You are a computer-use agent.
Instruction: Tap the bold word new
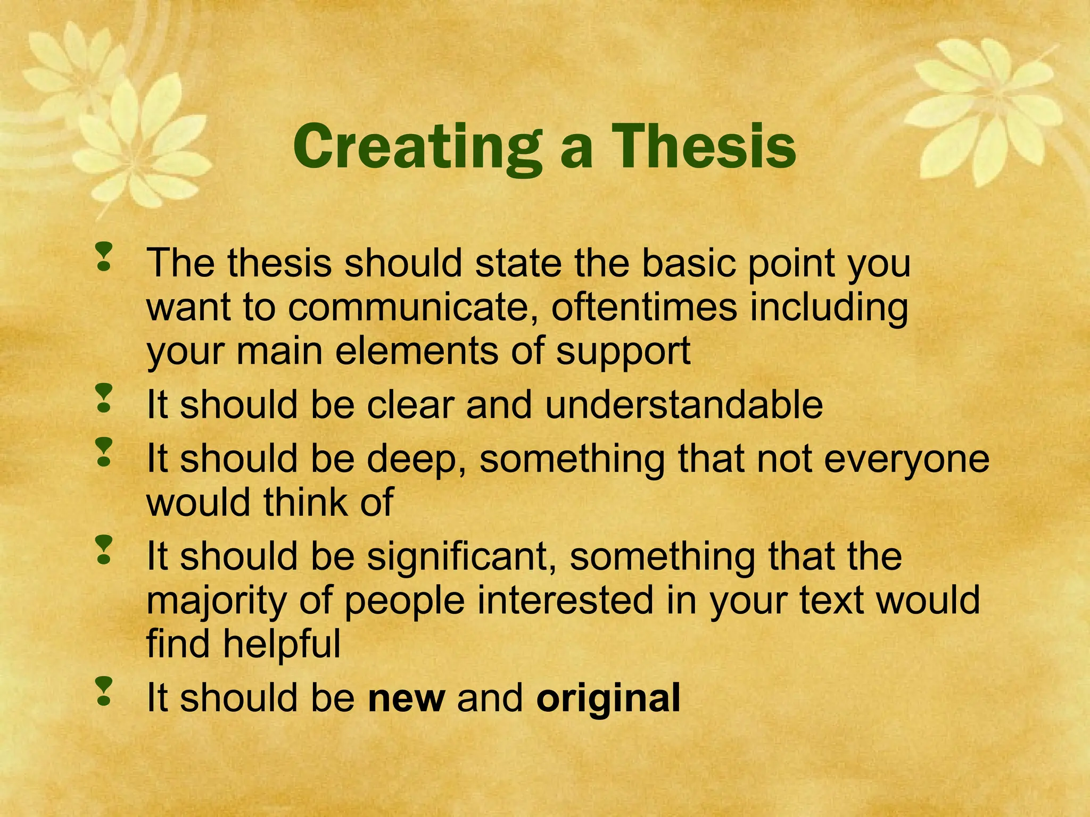coord(406,698)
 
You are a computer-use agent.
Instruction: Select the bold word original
coord(608,699)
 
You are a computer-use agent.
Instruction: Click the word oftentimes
coord(644,307)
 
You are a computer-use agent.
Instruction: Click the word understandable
coord(684,405)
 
